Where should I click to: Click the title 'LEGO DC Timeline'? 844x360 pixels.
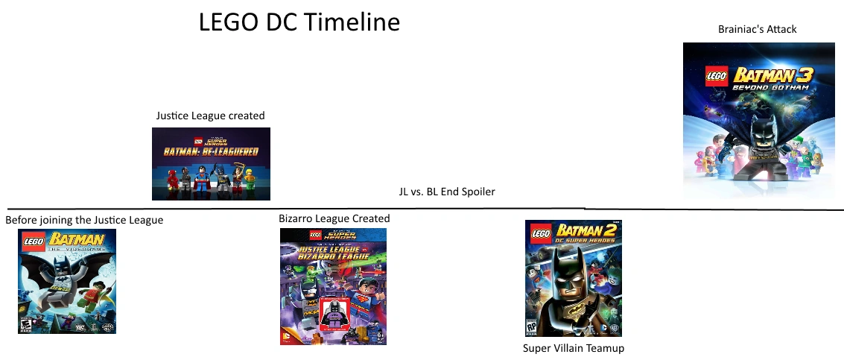pos(299,23)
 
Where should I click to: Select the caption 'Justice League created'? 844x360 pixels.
pos(210,116)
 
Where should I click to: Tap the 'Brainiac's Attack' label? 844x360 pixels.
pos(757,29)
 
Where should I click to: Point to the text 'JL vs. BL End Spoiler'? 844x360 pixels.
pos(447,192)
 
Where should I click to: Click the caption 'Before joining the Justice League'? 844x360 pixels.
pos(84,220)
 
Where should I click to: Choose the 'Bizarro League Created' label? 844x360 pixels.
pos(334,218)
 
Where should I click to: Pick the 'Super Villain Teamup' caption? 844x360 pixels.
pos(573,348)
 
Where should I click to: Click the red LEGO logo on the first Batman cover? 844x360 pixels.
pos(34,241)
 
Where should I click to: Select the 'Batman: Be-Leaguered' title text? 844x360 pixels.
pos(212,152)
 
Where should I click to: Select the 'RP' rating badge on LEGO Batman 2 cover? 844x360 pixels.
pos(532,326)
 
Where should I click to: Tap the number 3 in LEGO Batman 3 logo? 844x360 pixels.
pos(803,75)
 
